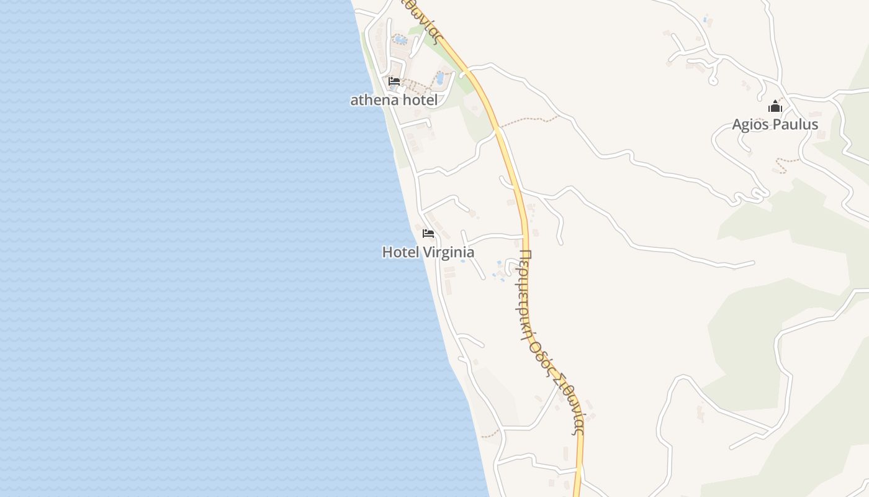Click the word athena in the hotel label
(371, 100)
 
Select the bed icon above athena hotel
(394, 81)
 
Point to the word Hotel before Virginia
(400, 252)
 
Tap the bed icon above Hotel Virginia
(428, 234)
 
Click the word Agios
(751, 125)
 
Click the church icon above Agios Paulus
(775, 107)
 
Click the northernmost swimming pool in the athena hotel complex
(400, 40)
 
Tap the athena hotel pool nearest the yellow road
(440, 78)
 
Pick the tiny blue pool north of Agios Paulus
(705, 19)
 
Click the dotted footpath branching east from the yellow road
(528, 119)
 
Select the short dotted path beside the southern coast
(490, 434)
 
